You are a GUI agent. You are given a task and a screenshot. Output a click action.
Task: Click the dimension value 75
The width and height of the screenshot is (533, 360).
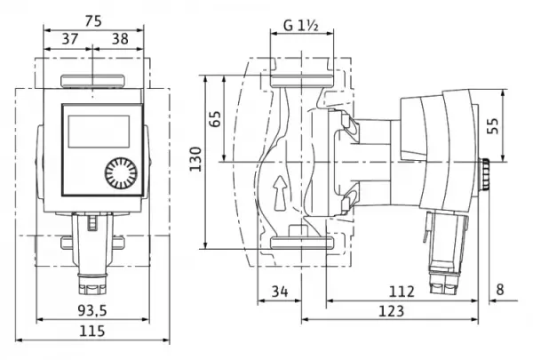point(93,21)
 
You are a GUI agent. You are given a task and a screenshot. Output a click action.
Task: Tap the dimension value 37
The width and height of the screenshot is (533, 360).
point(70,39)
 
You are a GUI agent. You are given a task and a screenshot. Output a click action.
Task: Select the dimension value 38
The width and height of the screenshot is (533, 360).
point(120,39)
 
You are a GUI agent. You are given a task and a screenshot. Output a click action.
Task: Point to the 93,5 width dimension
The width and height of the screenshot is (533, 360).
point(92,310)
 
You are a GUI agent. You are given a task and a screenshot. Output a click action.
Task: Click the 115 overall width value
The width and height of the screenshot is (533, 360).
point(92,331)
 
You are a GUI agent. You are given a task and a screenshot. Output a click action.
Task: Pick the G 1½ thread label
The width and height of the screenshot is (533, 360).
point(301,26)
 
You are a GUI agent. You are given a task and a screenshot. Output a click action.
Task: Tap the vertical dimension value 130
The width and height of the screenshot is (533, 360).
point(195,159)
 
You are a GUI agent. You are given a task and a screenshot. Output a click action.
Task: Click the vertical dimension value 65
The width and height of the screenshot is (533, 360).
point(215,118)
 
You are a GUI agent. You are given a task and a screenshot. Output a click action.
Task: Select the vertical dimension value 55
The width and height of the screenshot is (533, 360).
point(492,126)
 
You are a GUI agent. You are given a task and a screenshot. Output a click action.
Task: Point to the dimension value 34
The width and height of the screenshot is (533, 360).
point(280,292)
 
